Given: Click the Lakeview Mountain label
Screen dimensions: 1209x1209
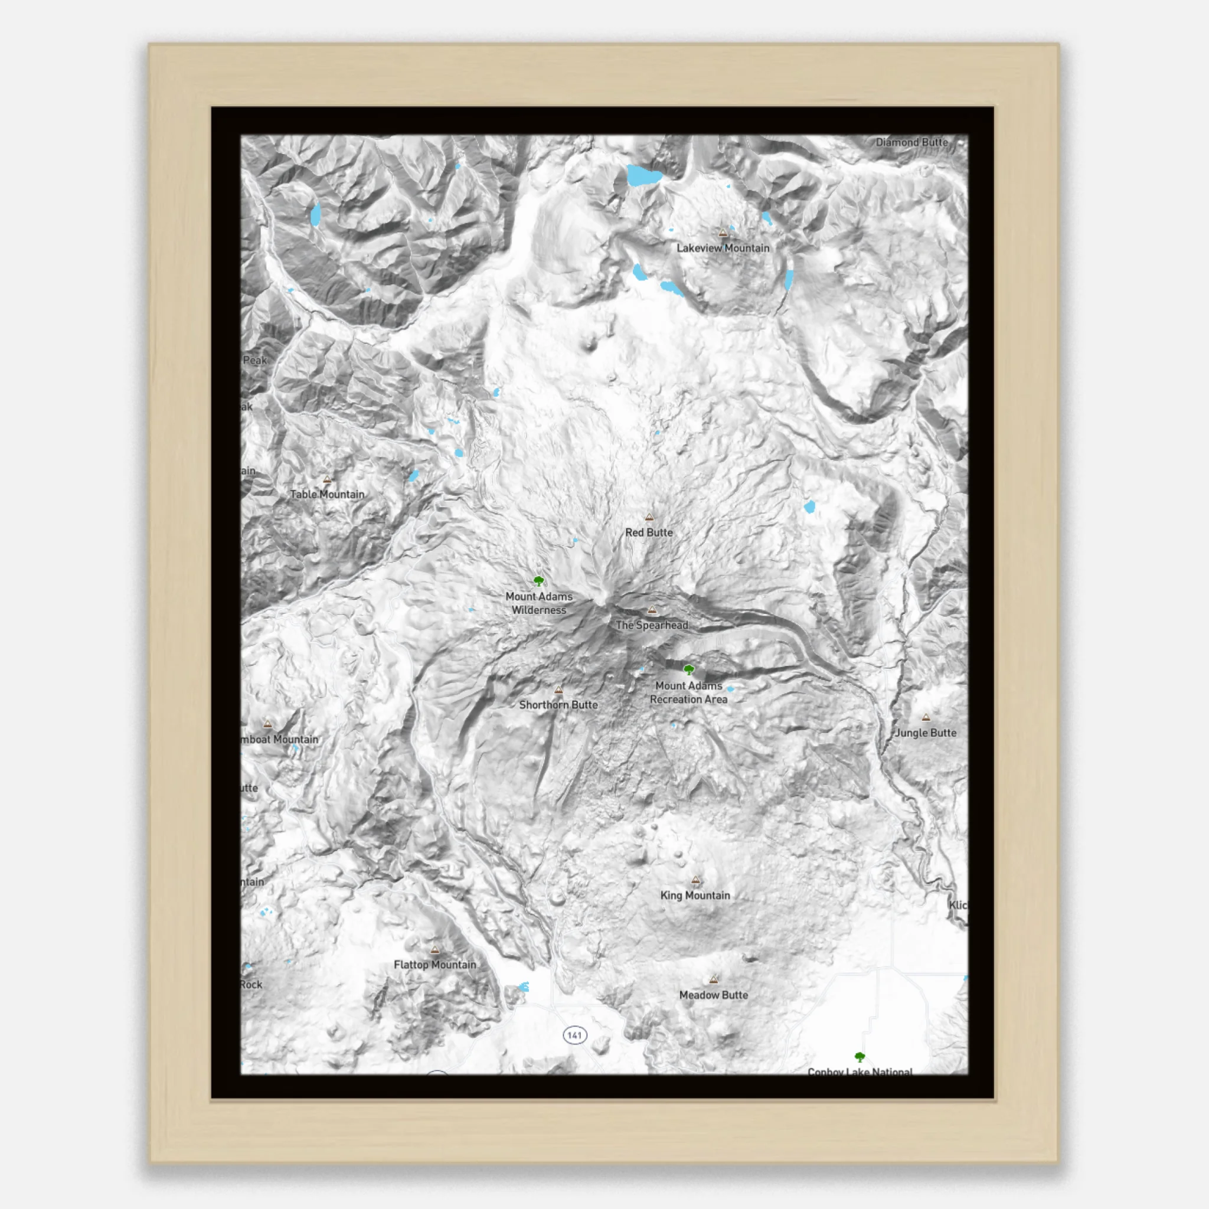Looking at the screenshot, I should (723, 248).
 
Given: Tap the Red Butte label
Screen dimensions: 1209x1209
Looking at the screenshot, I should (649, 532).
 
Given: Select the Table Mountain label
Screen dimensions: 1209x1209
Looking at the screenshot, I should (326, 494).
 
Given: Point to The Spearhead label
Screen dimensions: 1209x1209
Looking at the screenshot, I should (652, 625).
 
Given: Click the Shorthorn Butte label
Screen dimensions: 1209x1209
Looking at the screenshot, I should (558, 705).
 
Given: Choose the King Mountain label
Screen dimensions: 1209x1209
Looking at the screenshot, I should (695, 896).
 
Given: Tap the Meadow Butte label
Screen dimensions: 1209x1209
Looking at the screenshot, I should (713, 995).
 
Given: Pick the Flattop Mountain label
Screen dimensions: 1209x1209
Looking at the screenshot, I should (435, 965).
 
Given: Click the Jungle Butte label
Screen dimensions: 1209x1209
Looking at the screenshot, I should (926, 733).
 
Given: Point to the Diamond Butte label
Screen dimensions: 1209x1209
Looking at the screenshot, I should (911, 143).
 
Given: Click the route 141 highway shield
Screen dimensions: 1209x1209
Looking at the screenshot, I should (574, 1035).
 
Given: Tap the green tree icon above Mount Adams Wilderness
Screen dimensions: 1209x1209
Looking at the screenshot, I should (539, 581).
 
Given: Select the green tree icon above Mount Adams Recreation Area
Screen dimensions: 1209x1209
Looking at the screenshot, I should (689, 670).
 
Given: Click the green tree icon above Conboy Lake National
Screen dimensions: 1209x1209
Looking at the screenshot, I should (860, 1057).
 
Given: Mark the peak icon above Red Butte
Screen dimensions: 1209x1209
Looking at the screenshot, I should (649, 518).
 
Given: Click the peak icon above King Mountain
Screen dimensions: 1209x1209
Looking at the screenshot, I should (695, 880).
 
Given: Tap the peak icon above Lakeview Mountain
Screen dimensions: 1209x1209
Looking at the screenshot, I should (723, 233).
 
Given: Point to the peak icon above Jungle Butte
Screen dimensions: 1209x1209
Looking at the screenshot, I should (926, 718).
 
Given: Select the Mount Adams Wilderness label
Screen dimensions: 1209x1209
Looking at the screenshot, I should (539, 603).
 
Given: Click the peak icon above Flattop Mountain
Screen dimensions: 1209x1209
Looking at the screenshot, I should (435, 950).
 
